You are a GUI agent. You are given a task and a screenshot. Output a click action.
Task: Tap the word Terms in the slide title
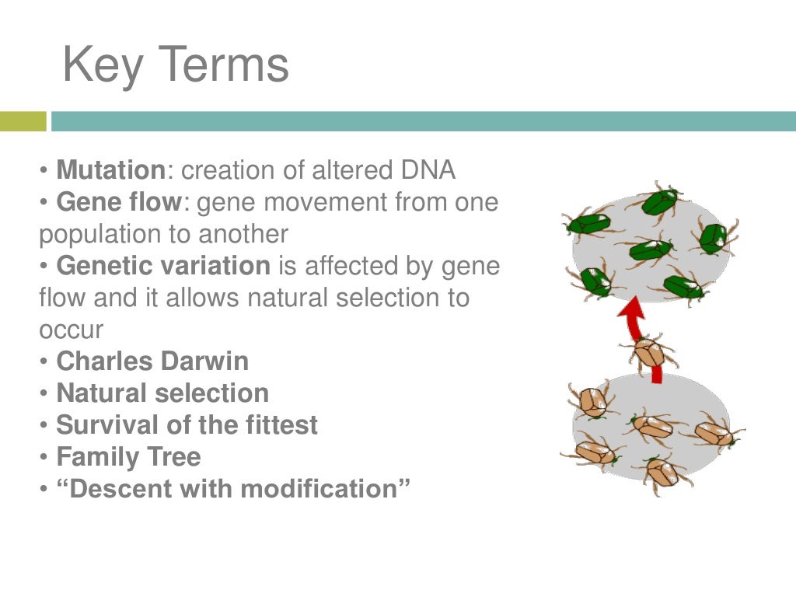click(222, 65)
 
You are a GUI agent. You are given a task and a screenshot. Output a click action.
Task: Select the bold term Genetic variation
click(163, 266)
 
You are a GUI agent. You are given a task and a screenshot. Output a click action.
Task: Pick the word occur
click(71, 330)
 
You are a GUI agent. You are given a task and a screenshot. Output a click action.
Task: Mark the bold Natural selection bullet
click(162, 393)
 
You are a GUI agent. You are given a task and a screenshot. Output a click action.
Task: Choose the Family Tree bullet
click(128, 457)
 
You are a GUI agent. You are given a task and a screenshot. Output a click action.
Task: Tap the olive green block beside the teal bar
click(23, 121)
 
